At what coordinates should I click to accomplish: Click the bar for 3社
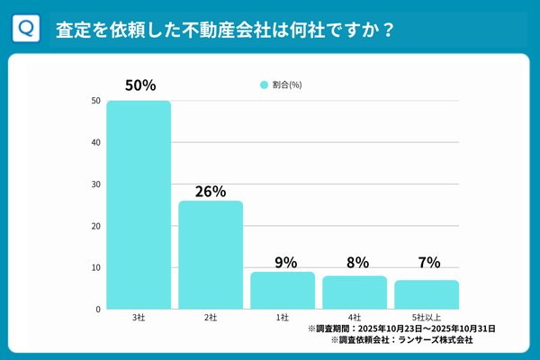[x=139, y=205]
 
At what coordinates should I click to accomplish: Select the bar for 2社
[x=211, y=256]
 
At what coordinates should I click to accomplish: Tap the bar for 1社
[x=283, y=291]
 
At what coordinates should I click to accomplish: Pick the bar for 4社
[x=355, y=292]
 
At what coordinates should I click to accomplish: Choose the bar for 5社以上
[x=427, y=295]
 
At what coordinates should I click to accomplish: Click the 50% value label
[x=139, y=86]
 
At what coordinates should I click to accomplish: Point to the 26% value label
[x=211, y=191]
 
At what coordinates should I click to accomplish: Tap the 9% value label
[x=283, y=263]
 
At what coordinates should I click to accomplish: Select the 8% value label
[x=355, y=263]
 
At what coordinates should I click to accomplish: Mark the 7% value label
[x=427, y=263]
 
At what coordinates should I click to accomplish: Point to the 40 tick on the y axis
[x=94, y=142]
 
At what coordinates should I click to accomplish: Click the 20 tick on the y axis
[x=94, y=226]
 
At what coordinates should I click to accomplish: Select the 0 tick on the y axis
[x=97, y=310]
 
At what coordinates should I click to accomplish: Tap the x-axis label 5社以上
[x=427, y=318]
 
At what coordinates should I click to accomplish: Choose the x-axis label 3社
[x=139, y=318]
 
